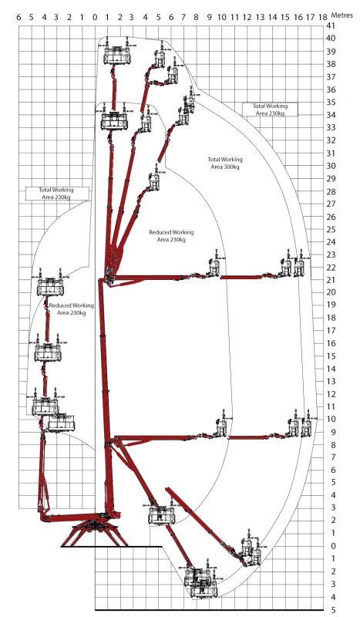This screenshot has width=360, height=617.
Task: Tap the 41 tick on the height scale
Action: [x=330, y=25]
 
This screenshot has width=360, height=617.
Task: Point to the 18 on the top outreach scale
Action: [x=322, y=14]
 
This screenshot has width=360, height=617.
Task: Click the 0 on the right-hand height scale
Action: [x=329, y=546]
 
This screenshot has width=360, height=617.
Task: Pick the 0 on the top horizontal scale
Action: [x=95, y=14]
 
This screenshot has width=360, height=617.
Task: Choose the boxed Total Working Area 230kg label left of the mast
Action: [x=56, y=193]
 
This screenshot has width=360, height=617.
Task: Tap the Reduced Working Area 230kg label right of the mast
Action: [x=171, y=235]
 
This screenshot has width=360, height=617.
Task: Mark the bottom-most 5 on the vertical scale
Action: [x=329, y=609]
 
